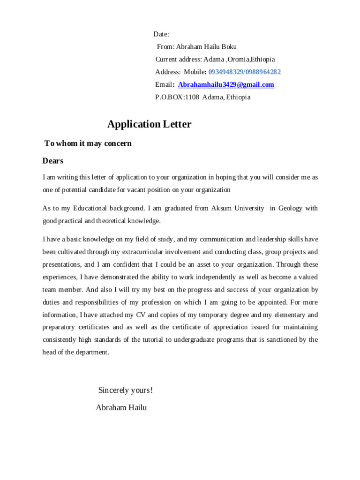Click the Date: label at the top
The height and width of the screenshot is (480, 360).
pyautogui.click(x=161, y=34)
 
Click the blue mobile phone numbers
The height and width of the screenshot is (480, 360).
pyautogui.click(x=244, y=72)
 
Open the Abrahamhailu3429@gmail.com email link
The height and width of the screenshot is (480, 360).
pyautogui.click(x=226, y=85)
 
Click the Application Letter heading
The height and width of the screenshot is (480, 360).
pyautogui.click(x=149, y=124)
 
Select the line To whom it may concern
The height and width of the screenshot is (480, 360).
pyautogui.click(x=88, y=143)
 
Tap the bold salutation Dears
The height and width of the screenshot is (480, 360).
pyautogui.click(x=53, y=161)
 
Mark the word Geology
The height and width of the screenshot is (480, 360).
pyautogui.click(x=291, y=208)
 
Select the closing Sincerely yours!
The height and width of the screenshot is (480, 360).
pyautogui.click(x=126, y=390)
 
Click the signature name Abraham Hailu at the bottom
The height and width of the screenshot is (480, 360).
pyautogui.click(x=121, y=408)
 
